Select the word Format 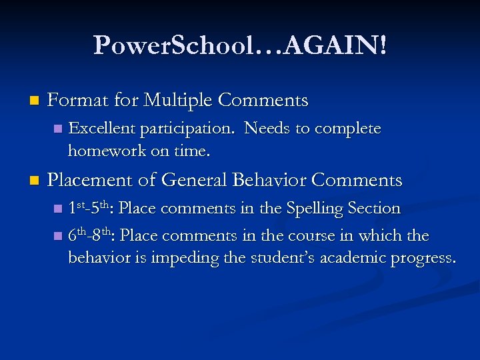coord(77,101)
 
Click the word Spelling coord(315,208)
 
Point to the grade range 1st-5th coord(91,208)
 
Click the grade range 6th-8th coord(91,235)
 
